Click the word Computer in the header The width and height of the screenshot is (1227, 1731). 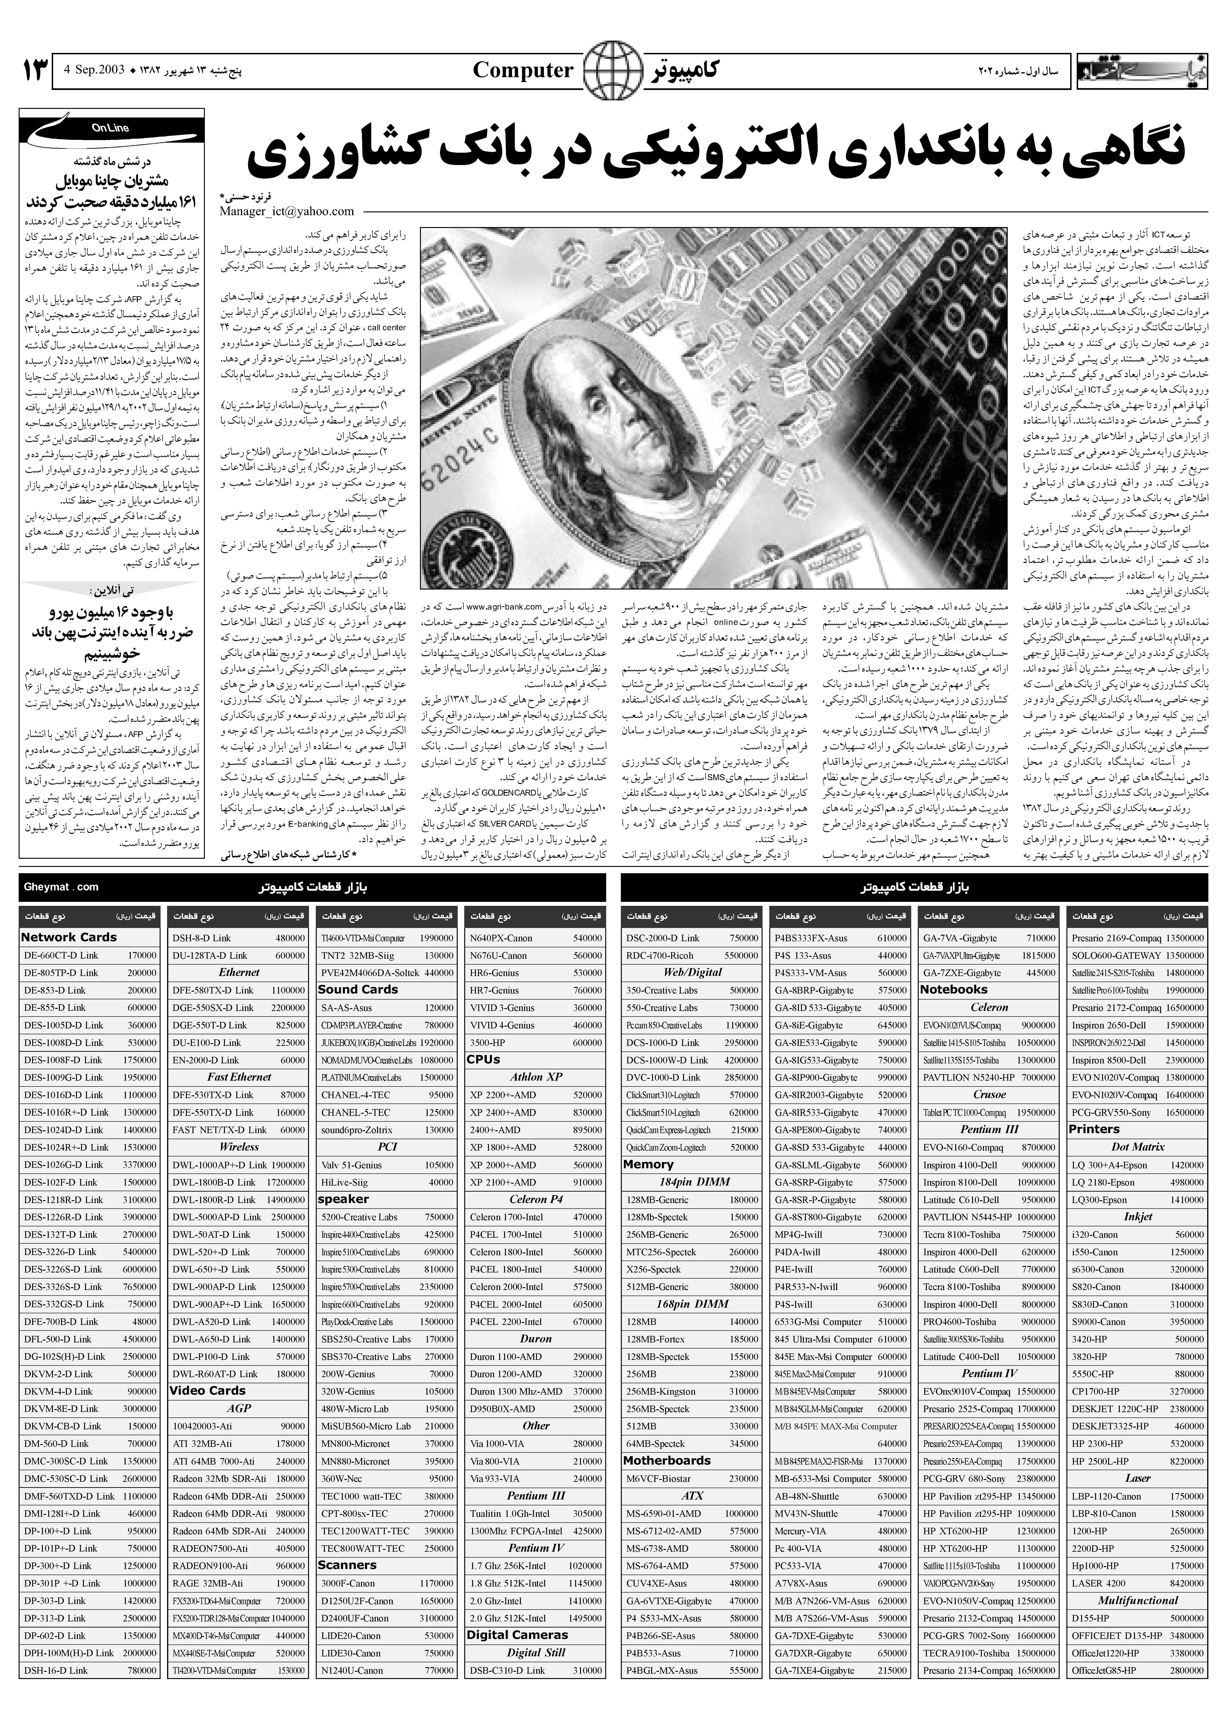coord(523,71)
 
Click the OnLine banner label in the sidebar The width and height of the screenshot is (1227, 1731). coord(111,128)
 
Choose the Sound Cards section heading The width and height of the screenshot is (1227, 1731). coord(357,989)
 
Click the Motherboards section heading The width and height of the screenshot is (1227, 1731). coord(667,1461)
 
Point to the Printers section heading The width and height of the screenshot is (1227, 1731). coord(1094,1129)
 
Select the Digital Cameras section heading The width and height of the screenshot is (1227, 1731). coord(517,1634)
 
